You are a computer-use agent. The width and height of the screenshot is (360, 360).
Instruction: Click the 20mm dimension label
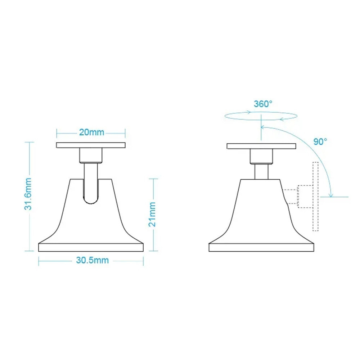tap(91, 132)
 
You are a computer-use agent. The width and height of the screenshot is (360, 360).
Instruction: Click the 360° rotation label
tap(263, 104)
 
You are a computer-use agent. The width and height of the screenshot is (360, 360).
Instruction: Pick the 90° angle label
tap(320, 141)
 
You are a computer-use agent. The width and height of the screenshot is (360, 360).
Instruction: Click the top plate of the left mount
tap(91, 145)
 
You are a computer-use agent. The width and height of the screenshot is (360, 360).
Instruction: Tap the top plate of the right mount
tap(261, 146)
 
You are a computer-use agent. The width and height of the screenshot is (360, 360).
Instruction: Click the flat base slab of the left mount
tap(91, 247)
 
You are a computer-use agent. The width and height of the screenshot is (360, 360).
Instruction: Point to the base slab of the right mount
tap(261, 247)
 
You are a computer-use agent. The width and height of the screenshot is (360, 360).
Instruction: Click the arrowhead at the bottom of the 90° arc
tap(331, 195)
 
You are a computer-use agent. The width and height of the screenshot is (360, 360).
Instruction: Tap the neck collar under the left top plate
tap(91, 156)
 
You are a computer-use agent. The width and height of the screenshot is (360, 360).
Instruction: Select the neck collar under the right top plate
tap(261, 156)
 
